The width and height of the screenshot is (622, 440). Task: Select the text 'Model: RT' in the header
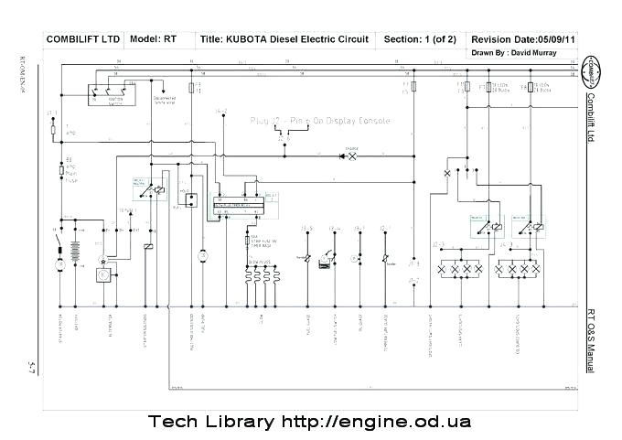(154, 39)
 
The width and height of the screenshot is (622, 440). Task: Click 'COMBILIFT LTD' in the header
(83, 39)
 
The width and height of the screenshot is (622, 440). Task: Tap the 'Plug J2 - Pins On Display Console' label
(320, 121)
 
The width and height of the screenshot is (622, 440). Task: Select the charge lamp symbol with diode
(349, 156)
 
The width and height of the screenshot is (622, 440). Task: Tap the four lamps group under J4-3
(517, 270)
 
